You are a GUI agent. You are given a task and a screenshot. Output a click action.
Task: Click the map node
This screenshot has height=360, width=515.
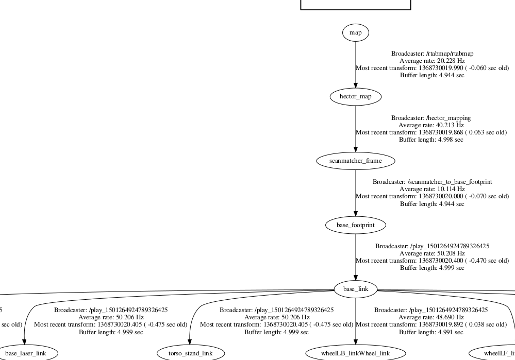coord(355,32)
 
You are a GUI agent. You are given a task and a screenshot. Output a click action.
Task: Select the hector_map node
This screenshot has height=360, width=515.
coord(355,96)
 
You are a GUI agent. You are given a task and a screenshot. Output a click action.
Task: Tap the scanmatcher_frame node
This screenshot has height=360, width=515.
coord(355,161)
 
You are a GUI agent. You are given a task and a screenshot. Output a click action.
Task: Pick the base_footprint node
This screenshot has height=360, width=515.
coord(355,225)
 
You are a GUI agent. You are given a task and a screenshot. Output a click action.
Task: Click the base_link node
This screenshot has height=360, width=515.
coord(355,289)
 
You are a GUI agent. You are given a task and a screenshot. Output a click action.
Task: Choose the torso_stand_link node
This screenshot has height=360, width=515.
coord(191,353)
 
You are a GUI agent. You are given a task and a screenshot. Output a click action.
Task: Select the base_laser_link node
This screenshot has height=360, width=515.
coord(26,353)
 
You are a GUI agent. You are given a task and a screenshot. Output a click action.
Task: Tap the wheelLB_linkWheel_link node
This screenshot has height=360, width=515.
coord(355,353)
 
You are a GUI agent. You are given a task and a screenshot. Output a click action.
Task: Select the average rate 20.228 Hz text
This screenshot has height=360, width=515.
coord(432,61)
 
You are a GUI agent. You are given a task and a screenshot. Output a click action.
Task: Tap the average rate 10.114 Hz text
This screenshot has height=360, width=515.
coord(432,189)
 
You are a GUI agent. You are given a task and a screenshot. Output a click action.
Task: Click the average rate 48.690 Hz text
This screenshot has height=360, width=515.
coord(431,317)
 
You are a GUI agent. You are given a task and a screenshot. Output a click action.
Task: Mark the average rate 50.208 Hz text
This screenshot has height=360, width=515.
coord(432,253)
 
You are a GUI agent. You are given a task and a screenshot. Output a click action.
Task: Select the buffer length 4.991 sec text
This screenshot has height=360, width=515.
coord(431,332)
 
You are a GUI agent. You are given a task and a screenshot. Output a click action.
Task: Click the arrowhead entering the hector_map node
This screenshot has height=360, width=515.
coord(355,87)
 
